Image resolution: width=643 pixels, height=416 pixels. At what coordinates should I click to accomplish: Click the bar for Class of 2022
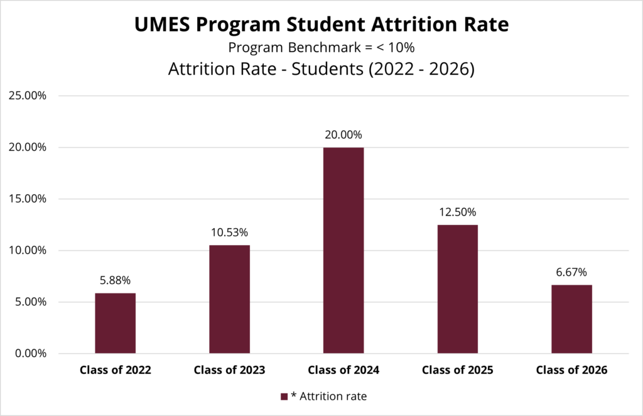point(116,323)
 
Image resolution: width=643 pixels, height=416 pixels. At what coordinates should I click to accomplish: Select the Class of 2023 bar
point(229,299)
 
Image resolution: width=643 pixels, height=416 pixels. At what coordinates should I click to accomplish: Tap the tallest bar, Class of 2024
point(343,250)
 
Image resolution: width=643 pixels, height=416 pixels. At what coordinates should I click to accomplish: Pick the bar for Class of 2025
point(457,289)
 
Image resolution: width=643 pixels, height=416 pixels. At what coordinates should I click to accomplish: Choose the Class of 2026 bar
point(571,319)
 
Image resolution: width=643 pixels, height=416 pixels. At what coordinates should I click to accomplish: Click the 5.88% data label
point(116,280)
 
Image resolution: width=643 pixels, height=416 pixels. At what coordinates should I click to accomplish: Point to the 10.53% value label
point(229,233)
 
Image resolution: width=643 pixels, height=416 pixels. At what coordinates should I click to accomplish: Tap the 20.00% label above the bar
point(343,134)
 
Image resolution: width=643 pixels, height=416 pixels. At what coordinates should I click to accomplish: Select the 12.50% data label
point(457,212)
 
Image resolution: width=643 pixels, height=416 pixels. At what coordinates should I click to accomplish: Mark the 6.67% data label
point(571,272)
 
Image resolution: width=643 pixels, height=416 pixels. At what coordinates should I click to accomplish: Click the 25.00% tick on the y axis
point(28,96)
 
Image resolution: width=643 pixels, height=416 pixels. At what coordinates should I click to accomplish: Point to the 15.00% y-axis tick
point(28,199)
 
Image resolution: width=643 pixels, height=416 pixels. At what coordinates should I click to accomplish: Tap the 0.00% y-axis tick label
point(31,353)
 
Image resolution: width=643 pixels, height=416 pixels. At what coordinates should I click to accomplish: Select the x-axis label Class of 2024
point(343,370)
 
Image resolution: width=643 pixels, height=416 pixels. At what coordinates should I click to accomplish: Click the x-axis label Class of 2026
point(571,370)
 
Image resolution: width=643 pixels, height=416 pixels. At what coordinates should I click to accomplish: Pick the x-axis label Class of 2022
point(116,370)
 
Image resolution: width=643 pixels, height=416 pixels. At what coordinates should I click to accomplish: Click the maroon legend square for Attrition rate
point(284,397)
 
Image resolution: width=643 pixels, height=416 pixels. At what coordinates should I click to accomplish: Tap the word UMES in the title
point(162,25)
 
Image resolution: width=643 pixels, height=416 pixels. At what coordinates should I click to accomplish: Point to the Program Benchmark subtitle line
point(321,48)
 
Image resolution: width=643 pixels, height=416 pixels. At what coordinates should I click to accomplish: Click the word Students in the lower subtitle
point(327,69)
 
